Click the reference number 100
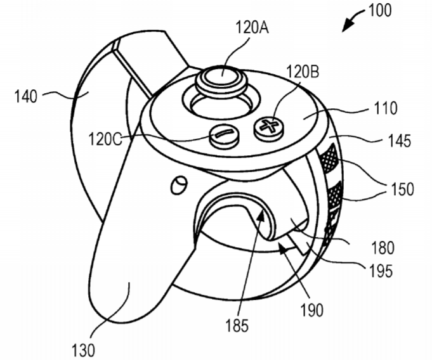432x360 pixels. (x=379, y=11)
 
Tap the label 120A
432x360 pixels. (x=252, y=28)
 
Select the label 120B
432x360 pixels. (x=303, y=72)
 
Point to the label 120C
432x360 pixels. (x=105, y=139)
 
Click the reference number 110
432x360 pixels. (x=386, y=108)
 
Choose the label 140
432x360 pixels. (x=25, y=96)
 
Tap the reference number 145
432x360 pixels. (x=399, y=141)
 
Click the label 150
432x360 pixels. (x=402, y=189)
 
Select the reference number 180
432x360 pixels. (x=383, y=248)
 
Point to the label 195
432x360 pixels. (x=381, y=271)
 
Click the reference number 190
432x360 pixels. (x=311, y=310)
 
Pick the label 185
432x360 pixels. (x=237, y=326)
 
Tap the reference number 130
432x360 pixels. (x=83, y=350)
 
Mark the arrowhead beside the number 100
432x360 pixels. (x=348, y=26)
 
